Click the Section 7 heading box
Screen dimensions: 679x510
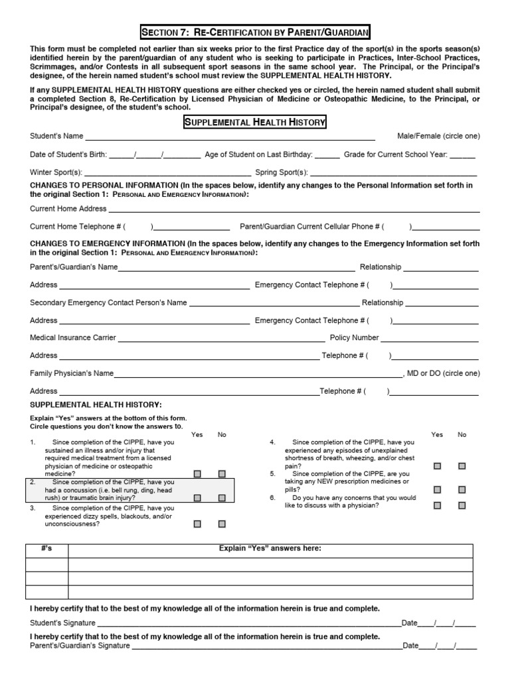pyautogui.click(x=255, y=32)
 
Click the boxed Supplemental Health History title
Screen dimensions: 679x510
pyautogui.click(x=254, y=122)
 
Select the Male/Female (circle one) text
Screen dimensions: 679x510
pyautogui.click(x=438, y=136)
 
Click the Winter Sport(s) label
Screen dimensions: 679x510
pyautogui.click(x=56, y=172)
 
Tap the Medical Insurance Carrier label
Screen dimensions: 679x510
pyautogui.click(x=73, y=338)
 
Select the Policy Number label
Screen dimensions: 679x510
pyautogui.click(x=355, y=338)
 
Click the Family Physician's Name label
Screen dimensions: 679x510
pyautogui.click(x=72, y=373)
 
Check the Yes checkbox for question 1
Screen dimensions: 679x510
pyautogui.click(x=197, y=473)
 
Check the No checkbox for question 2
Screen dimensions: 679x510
pyautogui.click(x=222, y=497)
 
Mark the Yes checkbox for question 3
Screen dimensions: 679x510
pyautogui.click(x=197, y=523)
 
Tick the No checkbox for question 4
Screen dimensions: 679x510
pyautogui.click(x=462, y=465)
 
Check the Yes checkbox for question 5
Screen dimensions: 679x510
pyautogui.click(x=437, y=489)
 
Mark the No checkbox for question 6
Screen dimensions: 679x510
pyautogui.click(x=462, y=505)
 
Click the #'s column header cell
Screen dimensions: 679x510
pyautogui.click(x=46, y=549)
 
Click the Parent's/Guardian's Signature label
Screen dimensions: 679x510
pyautogui.click(x=80, y=645)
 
